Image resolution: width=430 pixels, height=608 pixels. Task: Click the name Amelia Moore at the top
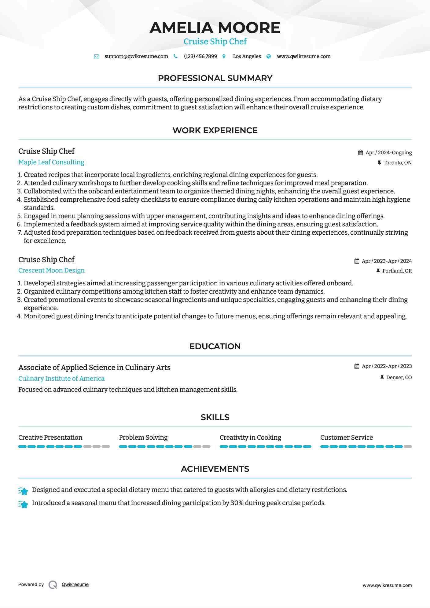[x=215, y=28]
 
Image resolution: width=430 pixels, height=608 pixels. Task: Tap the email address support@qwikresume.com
[x=136, y=57]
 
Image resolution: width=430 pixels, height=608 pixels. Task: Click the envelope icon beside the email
[x=97, y=57]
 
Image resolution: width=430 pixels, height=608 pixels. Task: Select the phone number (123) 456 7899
[x=200, y=57]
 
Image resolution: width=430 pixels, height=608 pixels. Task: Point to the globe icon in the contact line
[x=269, y=57]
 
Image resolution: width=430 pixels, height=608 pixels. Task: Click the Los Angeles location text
[x=247, y=57]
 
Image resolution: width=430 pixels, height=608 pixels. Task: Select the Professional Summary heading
[x=215, y=78]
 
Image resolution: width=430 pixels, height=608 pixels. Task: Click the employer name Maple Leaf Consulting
[x=51, y=162]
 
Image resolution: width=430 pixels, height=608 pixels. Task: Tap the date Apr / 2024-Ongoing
[x=388, y=153]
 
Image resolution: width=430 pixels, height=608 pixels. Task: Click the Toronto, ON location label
[x=397, y=163]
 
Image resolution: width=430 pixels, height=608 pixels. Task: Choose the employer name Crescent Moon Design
[x=51, y=270]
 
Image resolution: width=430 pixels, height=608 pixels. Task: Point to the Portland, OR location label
[x=397, y=271]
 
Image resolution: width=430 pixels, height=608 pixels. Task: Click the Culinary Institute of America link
[x=61, y=379]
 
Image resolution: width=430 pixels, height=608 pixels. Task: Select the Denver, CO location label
[x=399, y=378]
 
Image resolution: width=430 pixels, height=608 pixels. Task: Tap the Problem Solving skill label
[x=143, y=438]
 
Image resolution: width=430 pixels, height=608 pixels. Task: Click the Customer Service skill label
[x=346, y=438]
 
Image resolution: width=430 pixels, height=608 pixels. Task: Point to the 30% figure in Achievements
[x=237, y=503]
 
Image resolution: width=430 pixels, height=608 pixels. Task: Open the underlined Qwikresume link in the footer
[x=75, y=584]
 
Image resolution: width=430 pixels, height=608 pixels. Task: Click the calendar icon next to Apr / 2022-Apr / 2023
[x=357, y=366]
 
